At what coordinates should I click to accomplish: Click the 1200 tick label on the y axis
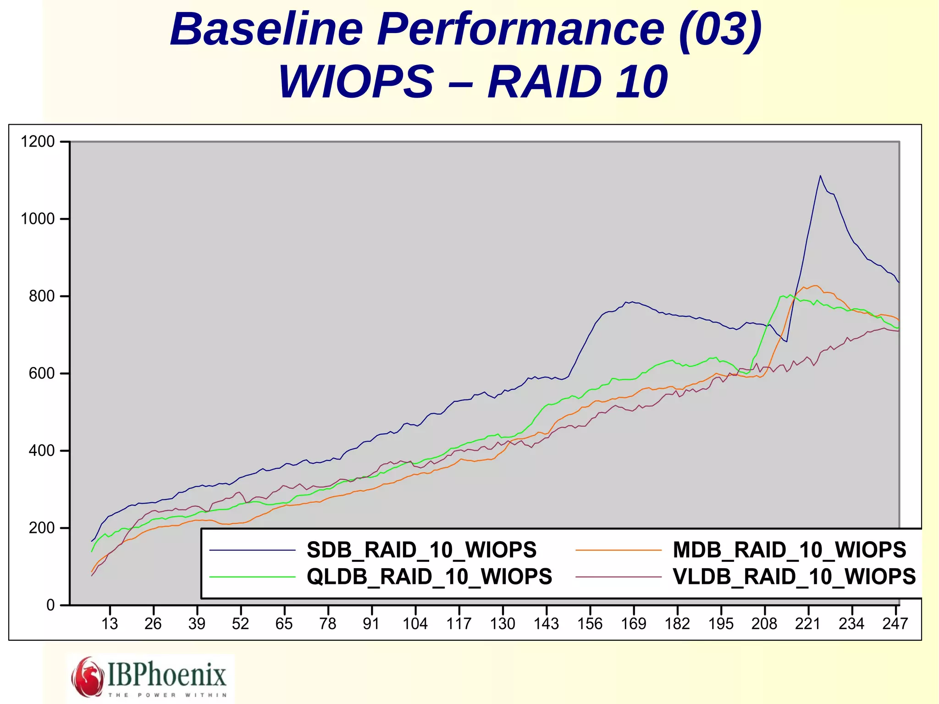coord(38,142)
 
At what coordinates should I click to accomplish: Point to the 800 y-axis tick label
coord(42,296)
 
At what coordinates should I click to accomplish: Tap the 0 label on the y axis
coord(50,605)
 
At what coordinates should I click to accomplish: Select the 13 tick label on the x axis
coord(110,624)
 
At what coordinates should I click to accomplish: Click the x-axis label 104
coord(415,624)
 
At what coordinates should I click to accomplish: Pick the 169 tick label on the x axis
coord(634,624)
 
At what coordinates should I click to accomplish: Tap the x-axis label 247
coord(895,624)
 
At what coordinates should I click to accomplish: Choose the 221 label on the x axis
coord(807,624)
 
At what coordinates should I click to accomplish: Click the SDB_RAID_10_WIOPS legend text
coord(421,550)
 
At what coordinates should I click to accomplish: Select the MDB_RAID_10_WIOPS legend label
coord(789,550)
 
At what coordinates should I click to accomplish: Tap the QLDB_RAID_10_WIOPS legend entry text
coord(429,577)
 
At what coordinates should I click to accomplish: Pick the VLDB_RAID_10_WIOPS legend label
coord(794,577)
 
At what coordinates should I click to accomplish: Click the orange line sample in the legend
coord(619,550)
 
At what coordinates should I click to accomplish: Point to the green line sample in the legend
coord(253,577)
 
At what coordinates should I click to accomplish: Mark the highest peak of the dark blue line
coord(820,176)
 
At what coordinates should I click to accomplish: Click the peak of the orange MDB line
coord(815,286)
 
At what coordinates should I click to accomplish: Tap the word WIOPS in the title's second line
coord(356,82)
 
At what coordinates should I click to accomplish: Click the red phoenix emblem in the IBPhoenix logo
coord(87,676)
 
